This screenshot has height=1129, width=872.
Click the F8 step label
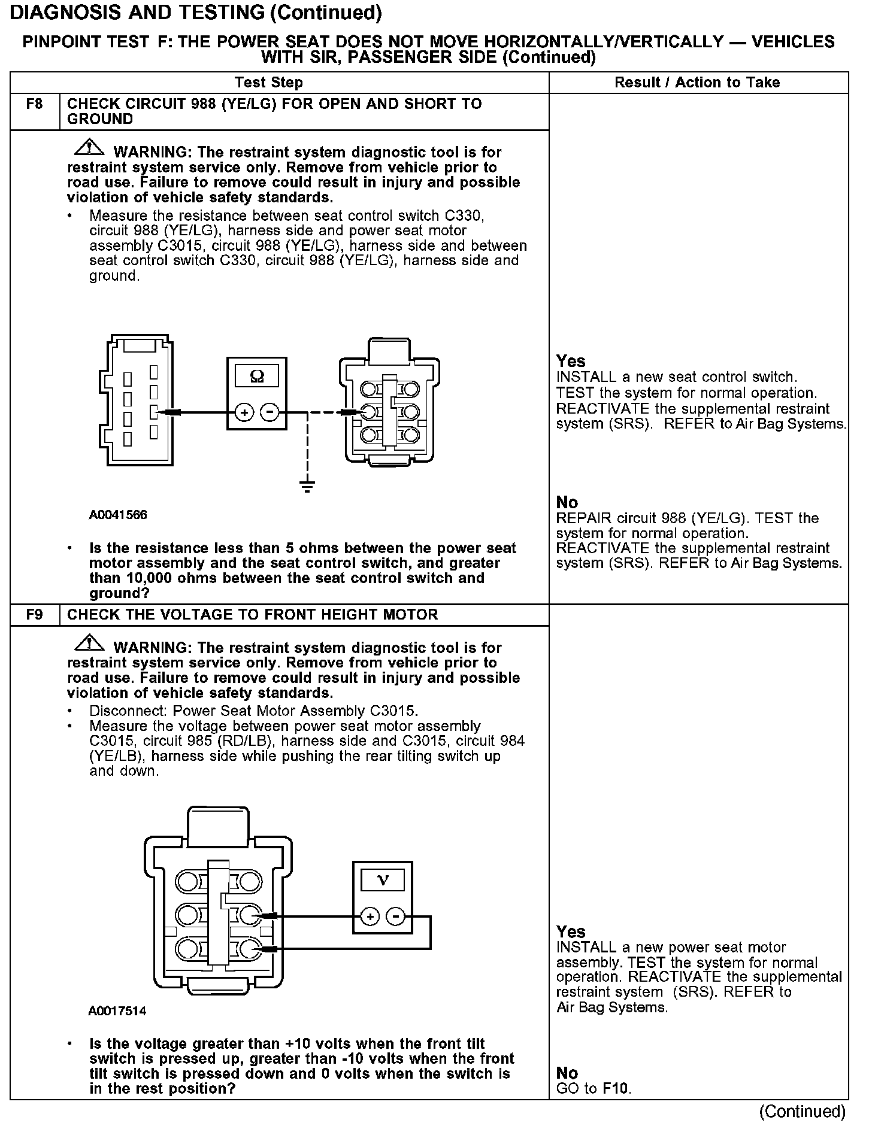[x=35, y=104]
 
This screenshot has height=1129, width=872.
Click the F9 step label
[x=35, y=615]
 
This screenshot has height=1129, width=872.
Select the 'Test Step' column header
[x=269, y=83]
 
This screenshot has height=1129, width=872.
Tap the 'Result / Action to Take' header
[x=697, y=83]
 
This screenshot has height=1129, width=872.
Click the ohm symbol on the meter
[x=256, y=376]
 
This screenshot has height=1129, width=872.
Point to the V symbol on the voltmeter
[x=383, y=880]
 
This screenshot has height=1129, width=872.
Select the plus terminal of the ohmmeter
[x=244, y=412]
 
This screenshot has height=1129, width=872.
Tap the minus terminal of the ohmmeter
[x=270, y=412]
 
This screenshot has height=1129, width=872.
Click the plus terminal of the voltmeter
[x=370, y=916]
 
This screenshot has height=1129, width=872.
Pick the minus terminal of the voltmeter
[x=396, y=916]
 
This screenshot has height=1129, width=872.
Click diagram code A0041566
[x=118, y=515]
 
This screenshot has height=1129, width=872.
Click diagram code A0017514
[x=117, y=1011]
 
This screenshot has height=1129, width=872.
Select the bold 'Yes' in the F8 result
[x=570, y=361]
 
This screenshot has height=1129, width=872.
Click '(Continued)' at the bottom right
[x=803, y=1112]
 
